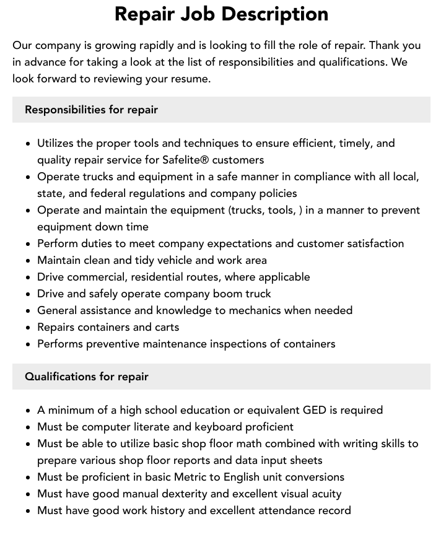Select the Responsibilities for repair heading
coord(91,110)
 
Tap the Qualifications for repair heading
coord(86,377)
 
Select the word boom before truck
coord(223,294)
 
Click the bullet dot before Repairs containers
coord(28,328)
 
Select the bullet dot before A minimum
coord(28,411)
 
